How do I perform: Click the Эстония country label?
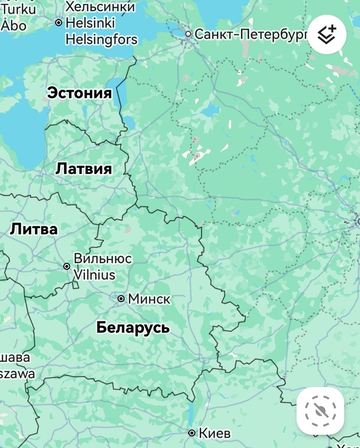(x=79, y=93)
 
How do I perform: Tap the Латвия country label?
(x=83, y=168)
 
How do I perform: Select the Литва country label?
(x=34, y=229)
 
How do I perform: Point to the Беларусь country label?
(x=133, y=327)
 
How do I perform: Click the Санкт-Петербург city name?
(x=251, y=34)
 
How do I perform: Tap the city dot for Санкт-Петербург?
(x=187, y=34)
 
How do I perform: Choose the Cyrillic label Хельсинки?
(x=100, y=7)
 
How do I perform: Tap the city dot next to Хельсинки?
(x=58, y=22)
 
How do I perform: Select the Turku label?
(x=18, y=8)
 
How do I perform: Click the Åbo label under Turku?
(x=14, y=24)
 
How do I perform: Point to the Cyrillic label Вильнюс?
(x=102, y=259)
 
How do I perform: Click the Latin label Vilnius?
(x=94, y=274)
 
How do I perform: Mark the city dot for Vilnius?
(x=67, y=266)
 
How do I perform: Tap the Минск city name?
(x=149, y=298)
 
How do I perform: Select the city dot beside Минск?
(x=121, y=298)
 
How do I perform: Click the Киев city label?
(x=215, y=433)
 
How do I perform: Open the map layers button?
(x=326, y=35)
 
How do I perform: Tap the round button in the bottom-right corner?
(x=320, y=411)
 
